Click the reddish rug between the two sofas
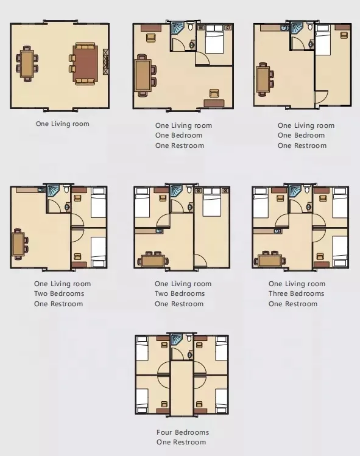pos(85,63)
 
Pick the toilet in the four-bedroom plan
pos(189,338)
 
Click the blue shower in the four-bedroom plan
pos(177,338)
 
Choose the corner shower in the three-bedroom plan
pos(295,191)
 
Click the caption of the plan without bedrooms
pos(62,124)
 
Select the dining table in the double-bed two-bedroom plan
pos(154,260)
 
